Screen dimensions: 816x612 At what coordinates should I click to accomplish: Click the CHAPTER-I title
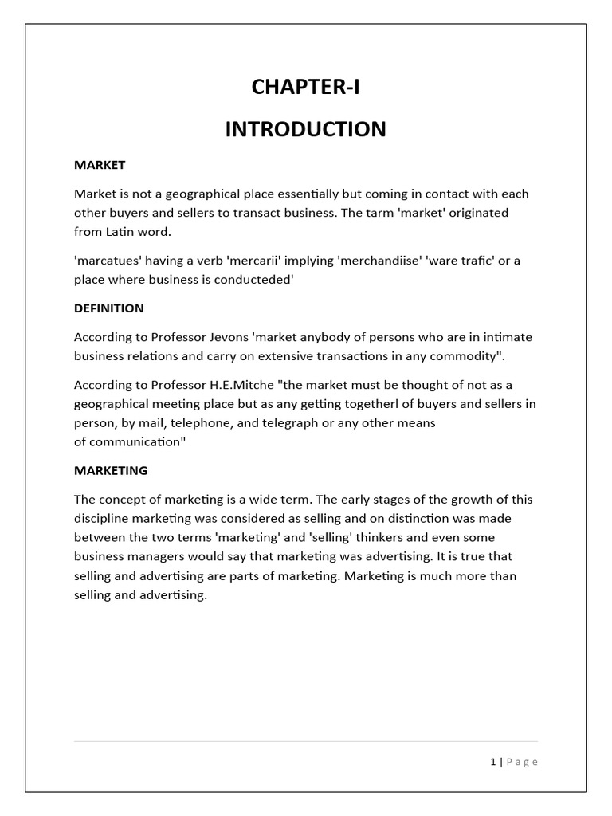pyautogui.click(x=305, y=88)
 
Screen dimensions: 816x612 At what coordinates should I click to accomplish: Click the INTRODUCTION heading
pyautogui.click(x=305, y=129)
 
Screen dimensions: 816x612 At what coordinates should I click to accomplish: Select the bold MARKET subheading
pyautogui.click(x=100, y=165)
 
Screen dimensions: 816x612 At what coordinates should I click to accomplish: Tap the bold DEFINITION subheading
pyautogui.click(x=109, y=308)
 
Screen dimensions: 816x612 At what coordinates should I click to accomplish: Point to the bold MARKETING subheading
pyautogui.click(x=111, y=470)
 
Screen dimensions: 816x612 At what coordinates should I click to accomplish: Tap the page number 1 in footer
pyautogui.click(x=493, y=762)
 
